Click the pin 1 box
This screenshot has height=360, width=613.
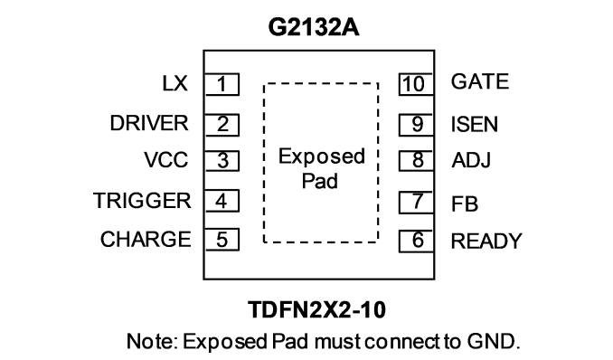click(222, 84)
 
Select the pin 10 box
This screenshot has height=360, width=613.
click(416, 84)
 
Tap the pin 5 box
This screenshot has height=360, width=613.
click(222, 240)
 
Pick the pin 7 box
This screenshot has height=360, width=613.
click(416, 203)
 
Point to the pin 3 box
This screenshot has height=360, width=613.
click(222, 160)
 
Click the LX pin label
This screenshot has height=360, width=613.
click(174, 83)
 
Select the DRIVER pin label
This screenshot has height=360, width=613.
click(149, 123)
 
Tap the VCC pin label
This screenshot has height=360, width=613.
click(166, 160)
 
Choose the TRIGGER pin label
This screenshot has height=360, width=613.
click(142, 201)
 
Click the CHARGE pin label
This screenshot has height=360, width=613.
click(146, 239)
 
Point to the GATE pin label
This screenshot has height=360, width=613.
click(480, 81)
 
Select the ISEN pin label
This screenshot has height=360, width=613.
click(475, 125)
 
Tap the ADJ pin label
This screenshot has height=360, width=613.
click(471, 160)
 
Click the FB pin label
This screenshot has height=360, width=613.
click(465, 204)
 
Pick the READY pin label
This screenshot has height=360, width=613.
click(486, 241)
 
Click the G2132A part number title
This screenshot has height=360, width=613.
click(314, 27)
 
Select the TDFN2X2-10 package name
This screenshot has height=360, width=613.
click(317, 309)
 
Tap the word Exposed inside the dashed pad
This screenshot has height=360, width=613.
click(322, 156)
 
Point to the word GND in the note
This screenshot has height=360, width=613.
click(494, 341)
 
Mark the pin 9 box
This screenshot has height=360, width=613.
click(416, 125)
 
